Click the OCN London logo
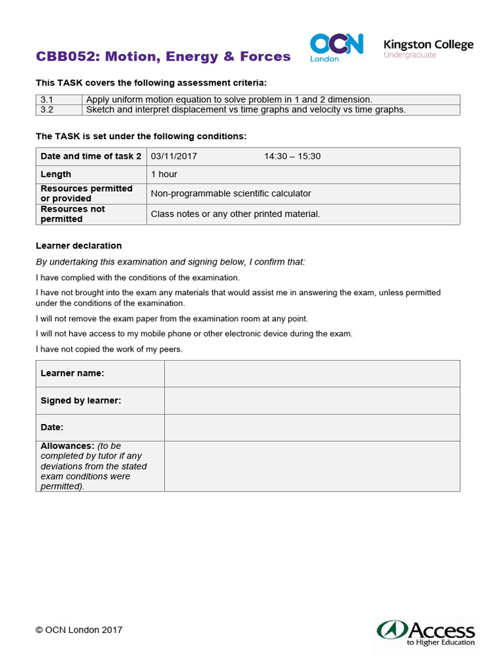pyautogui.click(x=336, y=47)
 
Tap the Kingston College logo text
pyautogui.click(x=428, y=44)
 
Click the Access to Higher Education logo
pyautogui.click(x=426, y=633)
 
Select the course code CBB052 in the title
pyautogui.click(x=62, y=57)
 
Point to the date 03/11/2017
pyautogui.click(x=174, y=156)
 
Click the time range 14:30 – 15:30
pyautogui.click(x=292, y=156)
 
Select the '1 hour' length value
pyautogui.click(x=164, y=174)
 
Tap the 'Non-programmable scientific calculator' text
pyautogui.click(x=231, y=193)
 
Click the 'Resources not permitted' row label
pyautogui.click(x=73, y=214)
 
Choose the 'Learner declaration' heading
pyautogui.click(x=78, y=246)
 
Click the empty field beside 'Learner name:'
pyautogui.click(x=312, y=373)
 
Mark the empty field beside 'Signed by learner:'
pyautogui.click(x=312, y=400)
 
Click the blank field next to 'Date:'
pyautogui.click(x=312, y=427)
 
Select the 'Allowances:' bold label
pyautogui.click(x=67, y=446)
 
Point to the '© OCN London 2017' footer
pyautogui.click(x=79, y=630)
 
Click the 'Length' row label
pyautogui.click(x=56, y=174)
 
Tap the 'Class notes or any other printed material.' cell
pyautogui.click(x=235, y=214)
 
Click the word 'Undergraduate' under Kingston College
pyautogui.click(x=410, y=56)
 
